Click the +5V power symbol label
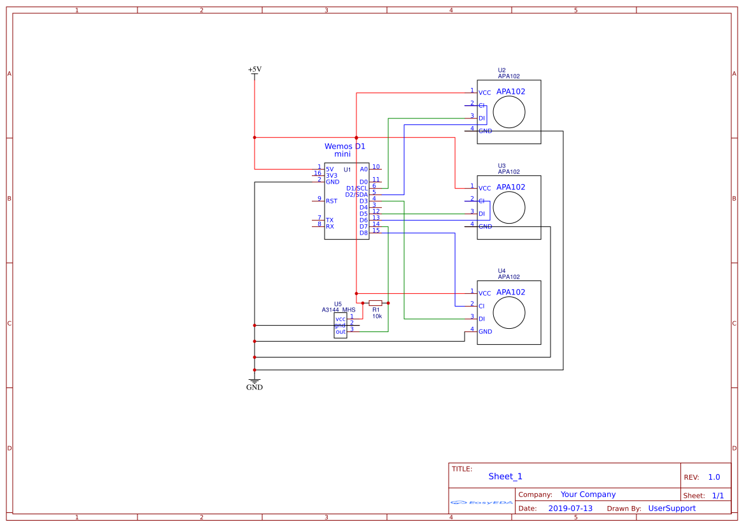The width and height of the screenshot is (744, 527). (x=255, y=69)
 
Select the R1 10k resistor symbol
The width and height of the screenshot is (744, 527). (x=376, y=303)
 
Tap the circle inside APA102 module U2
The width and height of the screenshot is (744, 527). (x=509, y=112)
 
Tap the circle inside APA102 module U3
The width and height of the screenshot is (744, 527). (x=509, y=208)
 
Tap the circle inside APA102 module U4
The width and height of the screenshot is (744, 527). (x=509, y=313)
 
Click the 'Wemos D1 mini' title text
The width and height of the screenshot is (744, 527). (x=344, y=150)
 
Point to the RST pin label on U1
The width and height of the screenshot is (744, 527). (x=332, y=201)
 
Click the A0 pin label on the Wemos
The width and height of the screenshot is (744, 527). (x=364, y=169)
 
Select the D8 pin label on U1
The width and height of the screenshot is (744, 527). (x=363, y=233)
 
